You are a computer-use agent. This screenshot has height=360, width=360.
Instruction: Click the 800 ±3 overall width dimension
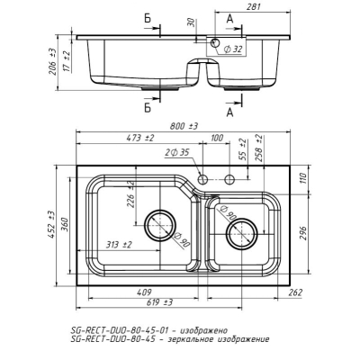coord(184,126)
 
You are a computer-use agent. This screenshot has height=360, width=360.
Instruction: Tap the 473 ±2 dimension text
coord(140,139)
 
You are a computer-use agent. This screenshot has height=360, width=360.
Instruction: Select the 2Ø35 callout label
coord(177,153)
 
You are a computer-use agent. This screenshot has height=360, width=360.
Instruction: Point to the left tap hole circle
coord(202,179)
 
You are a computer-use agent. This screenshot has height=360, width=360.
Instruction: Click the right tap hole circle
coord(229,179)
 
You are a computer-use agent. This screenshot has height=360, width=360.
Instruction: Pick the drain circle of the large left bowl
coord(159,225)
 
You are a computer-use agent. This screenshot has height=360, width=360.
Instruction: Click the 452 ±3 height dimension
coord(51,225)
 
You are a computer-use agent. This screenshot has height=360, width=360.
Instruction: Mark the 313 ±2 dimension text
coord(119,245)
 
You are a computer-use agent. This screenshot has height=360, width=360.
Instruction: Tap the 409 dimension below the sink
coord(144,292)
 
